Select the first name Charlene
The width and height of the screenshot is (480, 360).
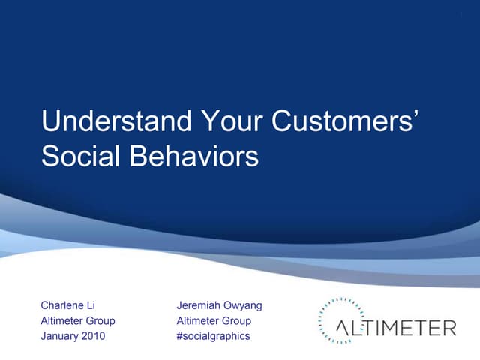[x=64, y=305]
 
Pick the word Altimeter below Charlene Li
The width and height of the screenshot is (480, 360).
[x=62, y=321]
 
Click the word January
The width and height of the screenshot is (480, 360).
[x=61, y=336]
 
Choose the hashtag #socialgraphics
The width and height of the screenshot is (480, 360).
[x=213, y=336]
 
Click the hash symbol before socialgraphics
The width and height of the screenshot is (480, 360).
[x=180, y=336]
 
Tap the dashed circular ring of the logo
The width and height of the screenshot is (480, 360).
[x=322, y=310]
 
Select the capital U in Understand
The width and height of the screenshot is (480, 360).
[x=49, y=121]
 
